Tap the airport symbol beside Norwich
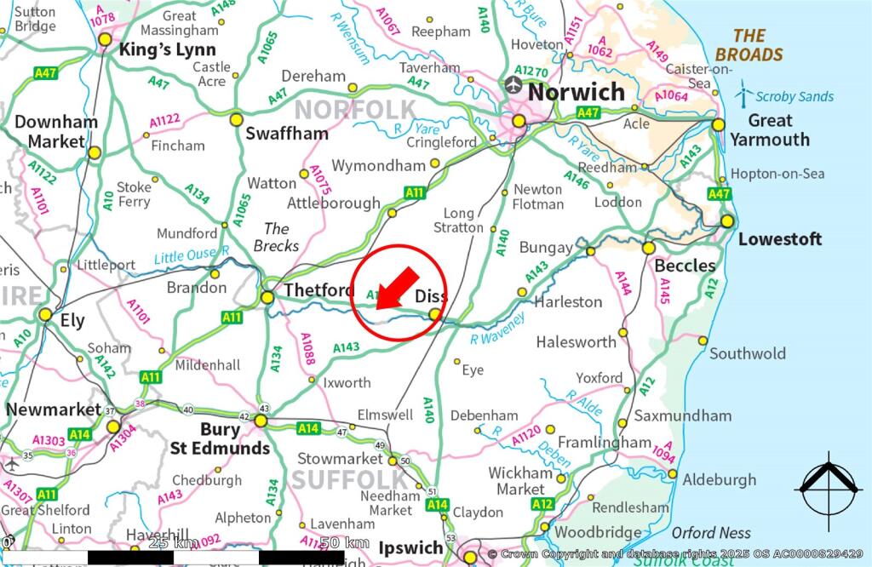513,85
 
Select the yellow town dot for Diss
435,315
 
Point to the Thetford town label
319,290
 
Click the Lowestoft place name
780,239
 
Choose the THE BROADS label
749,45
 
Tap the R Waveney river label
498,328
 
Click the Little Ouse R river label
192,254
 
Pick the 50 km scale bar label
344,542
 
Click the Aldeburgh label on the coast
720,480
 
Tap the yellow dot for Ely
46,315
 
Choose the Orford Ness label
711,533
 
